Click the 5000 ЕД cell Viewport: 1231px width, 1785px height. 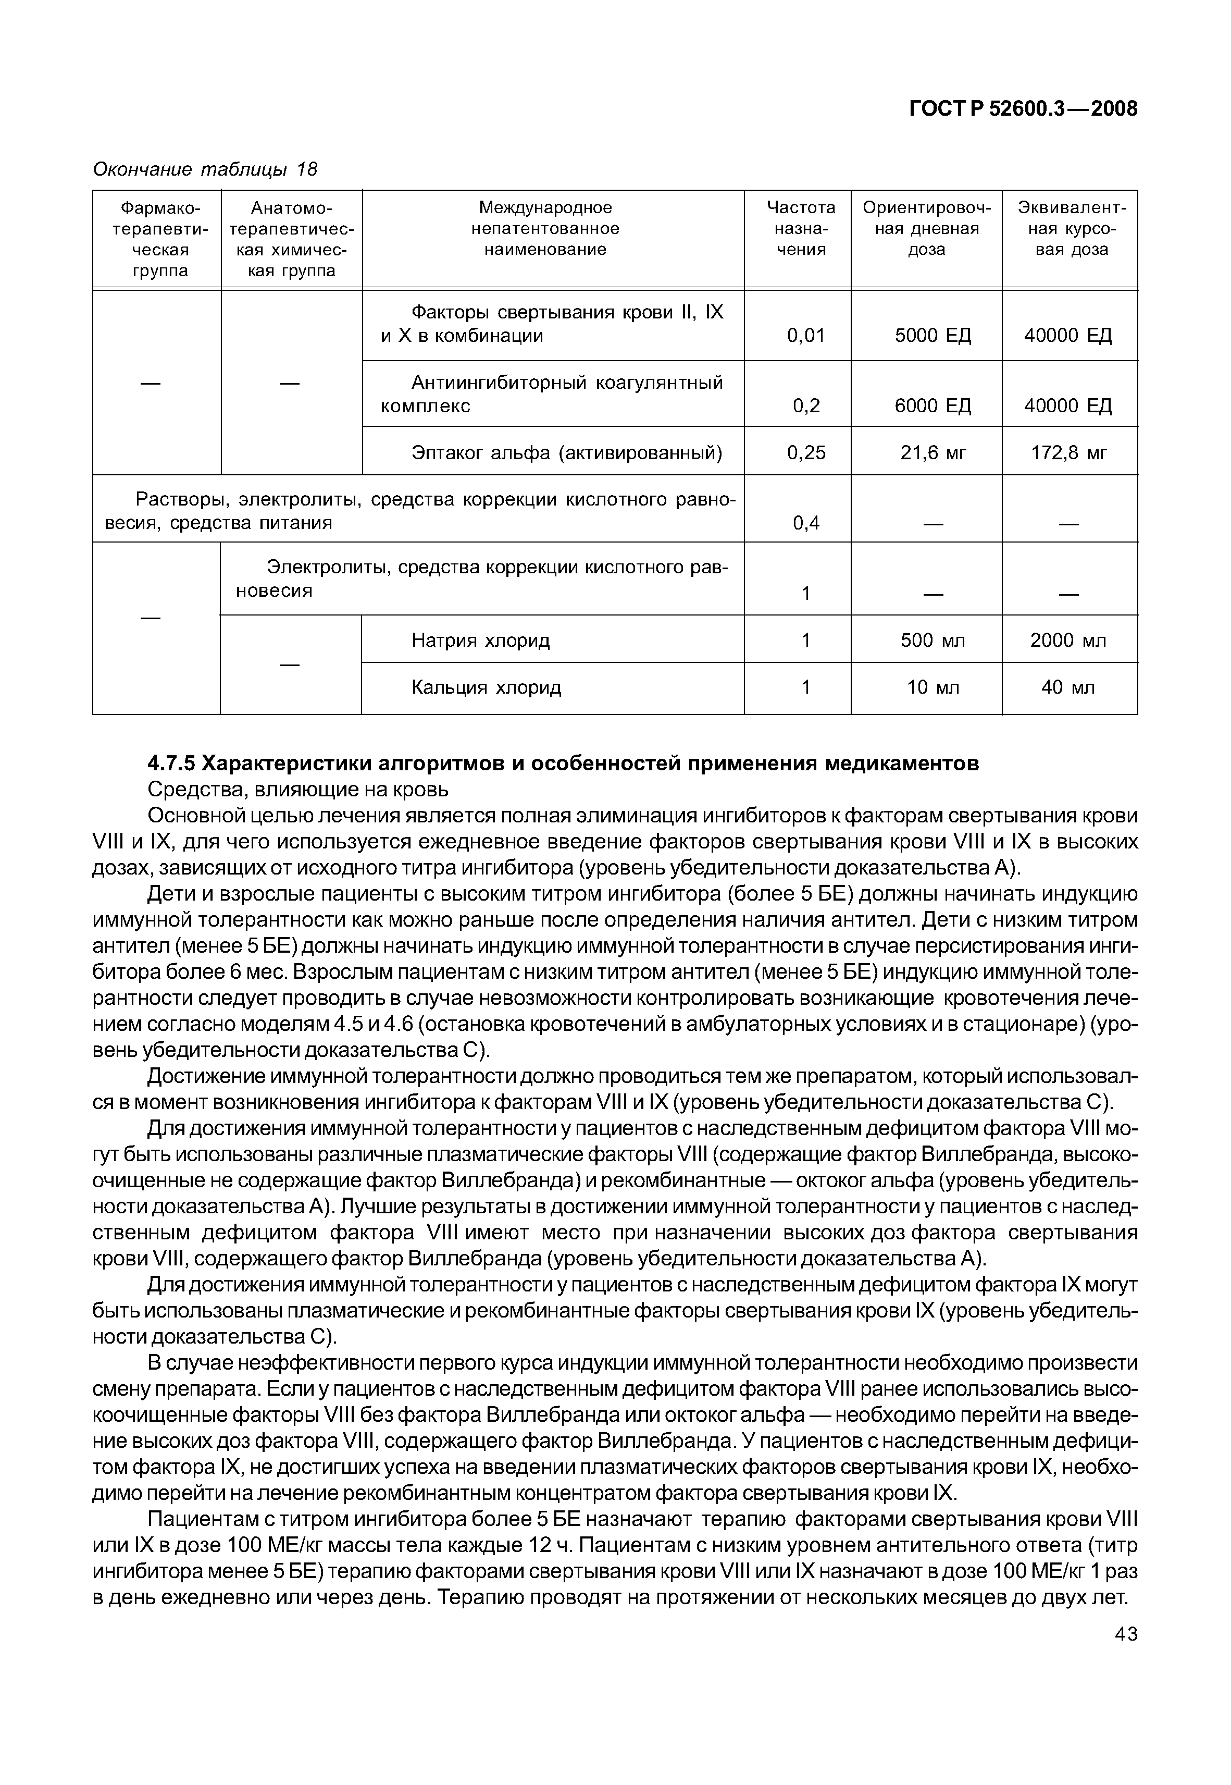[x=932, y=336]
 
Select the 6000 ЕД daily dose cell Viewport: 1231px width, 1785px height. [x=932, y=406]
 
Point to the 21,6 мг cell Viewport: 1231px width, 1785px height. [x=932, y=453]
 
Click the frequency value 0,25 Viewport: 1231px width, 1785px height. [x=806, y=453]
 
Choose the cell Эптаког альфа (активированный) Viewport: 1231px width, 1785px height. [x=567, y=453]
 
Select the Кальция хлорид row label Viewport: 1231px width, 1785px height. [x=486, y=687]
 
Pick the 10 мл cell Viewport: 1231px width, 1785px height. [x=932, y=687]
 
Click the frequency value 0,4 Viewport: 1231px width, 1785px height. [x=806, y=523]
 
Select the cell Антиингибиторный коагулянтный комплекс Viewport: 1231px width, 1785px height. [x=552, y=394]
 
